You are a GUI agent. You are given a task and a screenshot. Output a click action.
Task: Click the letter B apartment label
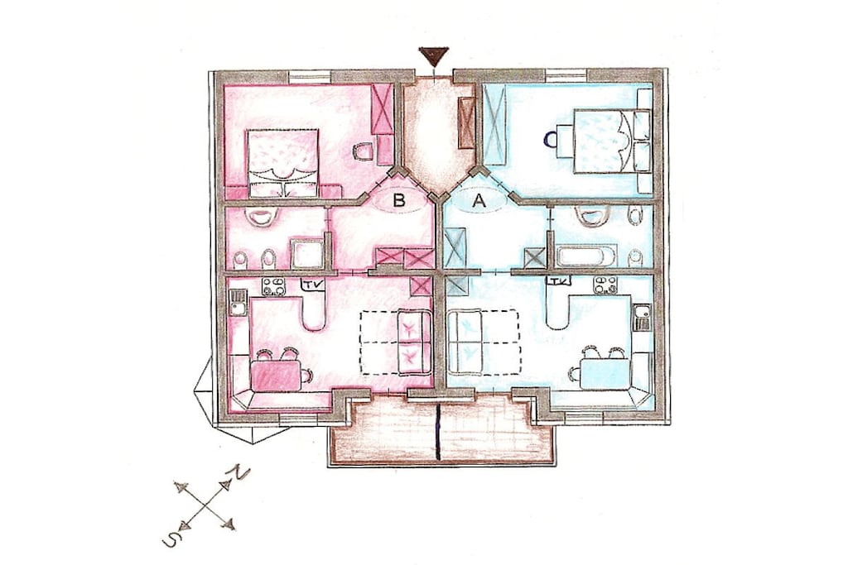[399, 200]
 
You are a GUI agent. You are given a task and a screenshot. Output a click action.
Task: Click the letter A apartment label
[479, 201]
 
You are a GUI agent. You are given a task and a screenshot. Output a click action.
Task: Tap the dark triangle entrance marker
[433, 55]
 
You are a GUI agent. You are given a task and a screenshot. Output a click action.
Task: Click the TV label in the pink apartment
[312, 284]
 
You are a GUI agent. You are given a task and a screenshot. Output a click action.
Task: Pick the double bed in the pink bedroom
[283, 163]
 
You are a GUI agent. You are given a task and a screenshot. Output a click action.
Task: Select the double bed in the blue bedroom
[606, 141]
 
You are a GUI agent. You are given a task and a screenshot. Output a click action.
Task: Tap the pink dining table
[275, 376]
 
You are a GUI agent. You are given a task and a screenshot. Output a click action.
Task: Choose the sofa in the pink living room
[415, 342]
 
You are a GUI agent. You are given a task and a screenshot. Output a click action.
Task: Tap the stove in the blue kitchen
[605, 285]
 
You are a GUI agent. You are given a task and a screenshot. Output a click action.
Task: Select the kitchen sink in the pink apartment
[238, 303]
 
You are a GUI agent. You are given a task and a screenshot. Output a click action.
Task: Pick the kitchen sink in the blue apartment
[642, 317]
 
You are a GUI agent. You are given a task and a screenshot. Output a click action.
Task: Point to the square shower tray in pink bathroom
[307, 254]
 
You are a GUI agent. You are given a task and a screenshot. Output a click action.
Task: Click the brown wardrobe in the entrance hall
[465, 122]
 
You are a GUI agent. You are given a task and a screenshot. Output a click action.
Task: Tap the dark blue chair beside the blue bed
[551, 140]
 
